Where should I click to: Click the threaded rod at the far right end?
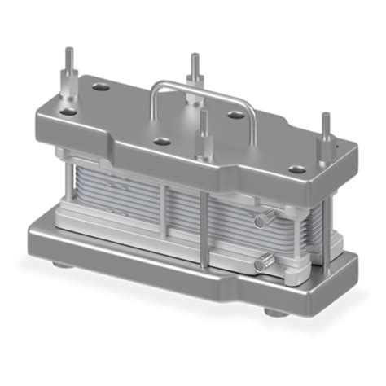(326, 130)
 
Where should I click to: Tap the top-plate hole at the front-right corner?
(298, 170)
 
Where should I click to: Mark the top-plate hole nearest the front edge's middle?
(162, 141)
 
